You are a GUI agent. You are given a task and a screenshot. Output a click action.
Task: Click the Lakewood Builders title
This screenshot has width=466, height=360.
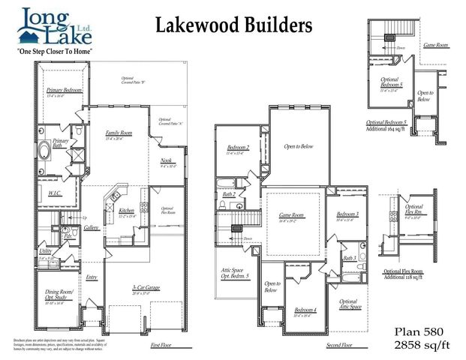click(x=233, y=26)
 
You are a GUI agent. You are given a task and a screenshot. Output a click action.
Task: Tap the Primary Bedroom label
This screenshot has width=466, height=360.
click(x=64, y=90)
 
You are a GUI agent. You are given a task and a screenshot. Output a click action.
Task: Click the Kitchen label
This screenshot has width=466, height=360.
click(x=127, y=211)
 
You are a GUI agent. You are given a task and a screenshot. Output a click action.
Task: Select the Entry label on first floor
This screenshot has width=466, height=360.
click(x=92, y=277)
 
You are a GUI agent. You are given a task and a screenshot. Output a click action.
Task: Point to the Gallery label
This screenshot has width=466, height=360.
click(x=92, y=226)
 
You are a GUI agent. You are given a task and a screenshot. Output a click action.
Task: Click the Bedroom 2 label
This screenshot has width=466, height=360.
click(x=237, y=148)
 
